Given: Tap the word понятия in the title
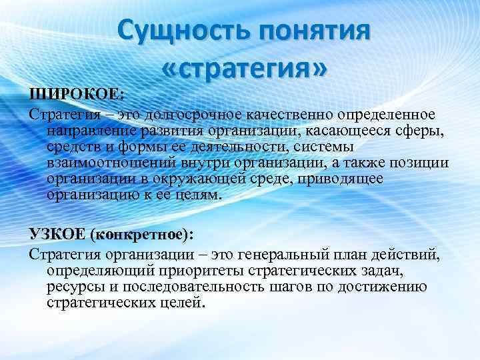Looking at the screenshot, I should point(314,31).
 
